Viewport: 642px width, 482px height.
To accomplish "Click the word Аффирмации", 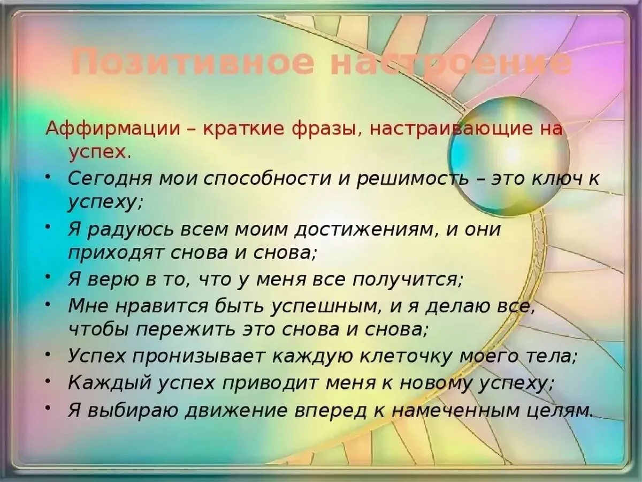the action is (112, 130).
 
